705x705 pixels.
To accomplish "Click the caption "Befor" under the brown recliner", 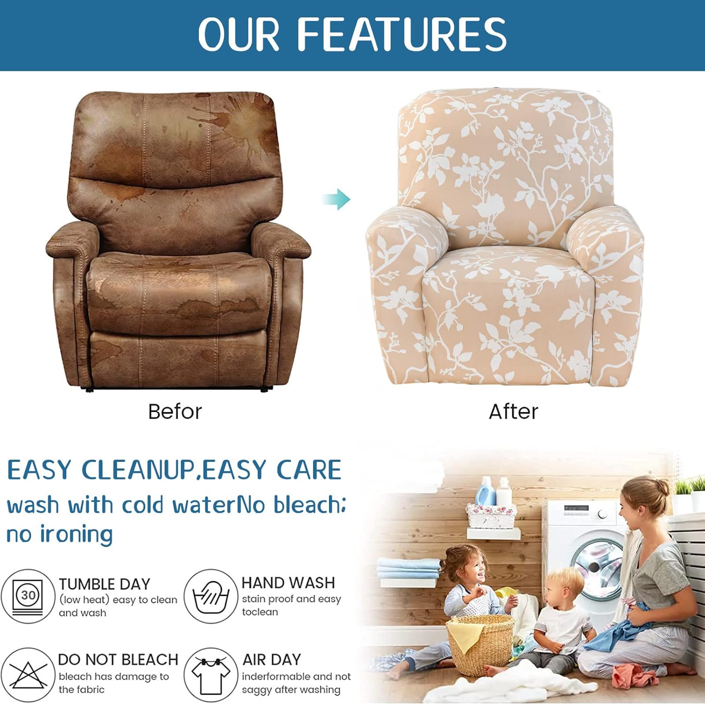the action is click(175, 412).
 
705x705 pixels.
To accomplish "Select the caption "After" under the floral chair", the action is click(513, 412).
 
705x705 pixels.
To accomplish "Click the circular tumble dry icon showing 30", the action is click(28, 596).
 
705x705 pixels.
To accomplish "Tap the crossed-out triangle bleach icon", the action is click(28, 674).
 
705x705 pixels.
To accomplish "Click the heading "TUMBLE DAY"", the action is click(104, 584).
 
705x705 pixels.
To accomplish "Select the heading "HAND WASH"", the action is click(288, 583).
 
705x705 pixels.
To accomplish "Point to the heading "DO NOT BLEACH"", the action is click(118, 659).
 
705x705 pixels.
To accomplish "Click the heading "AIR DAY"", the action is click(272, 659).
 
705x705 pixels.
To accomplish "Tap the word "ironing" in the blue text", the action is click(76, 535).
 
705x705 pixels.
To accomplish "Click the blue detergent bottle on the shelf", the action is click(484, 491).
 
